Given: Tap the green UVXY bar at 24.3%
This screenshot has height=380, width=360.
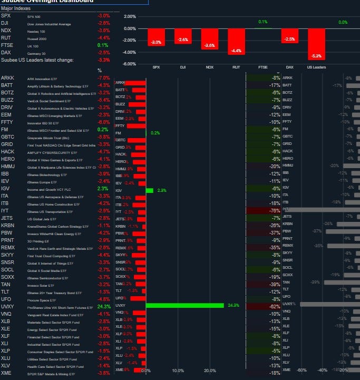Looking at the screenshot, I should click(184, 305).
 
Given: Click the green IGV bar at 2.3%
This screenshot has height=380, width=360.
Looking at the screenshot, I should click(149, 190).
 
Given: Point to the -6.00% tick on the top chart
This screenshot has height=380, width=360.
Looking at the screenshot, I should click(130, 64).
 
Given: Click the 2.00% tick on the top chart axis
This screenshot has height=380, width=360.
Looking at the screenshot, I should click(130, 17).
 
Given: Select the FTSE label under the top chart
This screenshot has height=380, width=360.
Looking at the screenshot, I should click(262, 67).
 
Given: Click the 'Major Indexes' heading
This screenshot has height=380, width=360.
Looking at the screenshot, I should click(16, 9).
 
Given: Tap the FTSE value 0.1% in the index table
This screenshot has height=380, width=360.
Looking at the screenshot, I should click(103, 45).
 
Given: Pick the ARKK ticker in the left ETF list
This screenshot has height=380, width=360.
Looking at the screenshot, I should click(7, 79).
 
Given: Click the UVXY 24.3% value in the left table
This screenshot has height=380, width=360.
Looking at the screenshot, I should click(103, 306).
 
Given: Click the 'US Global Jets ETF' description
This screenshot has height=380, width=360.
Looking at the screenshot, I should click(45, 218).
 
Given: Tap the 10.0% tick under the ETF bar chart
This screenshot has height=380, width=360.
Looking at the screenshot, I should click(178, 371).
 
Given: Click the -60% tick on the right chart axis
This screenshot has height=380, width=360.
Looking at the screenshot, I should click(302, 370).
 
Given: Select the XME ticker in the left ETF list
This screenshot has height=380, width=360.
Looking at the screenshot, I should click(6, 372).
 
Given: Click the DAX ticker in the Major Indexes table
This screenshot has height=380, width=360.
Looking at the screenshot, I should click(6, 53).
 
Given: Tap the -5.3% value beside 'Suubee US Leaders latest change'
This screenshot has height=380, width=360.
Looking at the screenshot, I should click(103, 60).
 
